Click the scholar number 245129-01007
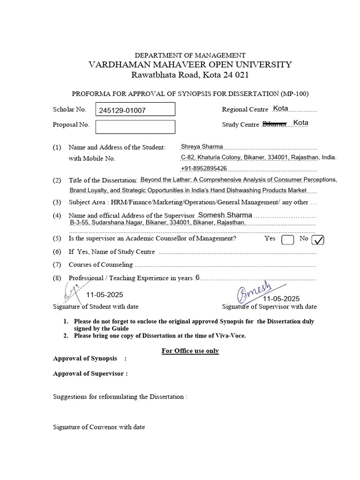[122, 111]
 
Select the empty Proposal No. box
[135, 127]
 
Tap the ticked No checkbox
[317, 240]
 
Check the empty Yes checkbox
[287, 240]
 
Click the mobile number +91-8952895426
[204, 168]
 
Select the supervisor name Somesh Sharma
[225, 215]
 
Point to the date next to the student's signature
[105, 295]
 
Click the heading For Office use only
[190, 351]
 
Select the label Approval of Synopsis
[85, 359]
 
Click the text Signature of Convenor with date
[99, 427]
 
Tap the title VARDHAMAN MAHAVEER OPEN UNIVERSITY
[190, 65]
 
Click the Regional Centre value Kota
[280, 108]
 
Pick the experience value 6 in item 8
[197, 277]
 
